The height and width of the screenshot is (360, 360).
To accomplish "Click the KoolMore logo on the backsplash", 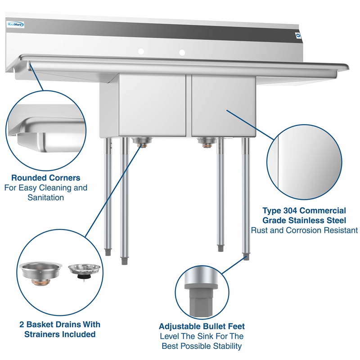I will (16, 25).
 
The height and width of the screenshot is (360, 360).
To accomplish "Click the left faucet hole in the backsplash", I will (141, 52).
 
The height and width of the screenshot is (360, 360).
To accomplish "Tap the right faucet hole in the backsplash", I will (182, 53).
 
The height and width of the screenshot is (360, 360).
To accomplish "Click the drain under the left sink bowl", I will (142, 143).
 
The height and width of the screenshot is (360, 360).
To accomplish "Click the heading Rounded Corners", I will (45, 178).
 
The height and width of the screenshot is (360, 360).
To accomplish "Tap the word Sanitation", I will (45, 198).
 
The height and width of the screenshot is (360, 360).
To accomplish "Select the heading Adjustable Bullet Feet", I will (202, 326).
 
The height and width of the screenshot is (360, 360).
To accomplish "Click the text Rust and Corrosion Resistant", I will (304, 230).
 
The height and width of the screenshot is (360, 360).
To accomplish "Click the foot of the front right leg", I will (246, 256).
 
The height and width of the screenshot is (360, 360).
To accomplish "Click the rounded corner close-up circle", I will (47, 130).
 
